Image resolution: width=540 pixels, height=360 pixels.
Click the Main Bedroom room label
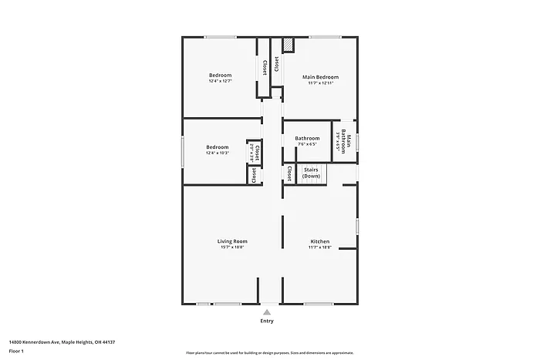[320, 77]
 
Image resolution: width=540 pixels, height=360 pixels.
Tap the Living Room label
[232, 241]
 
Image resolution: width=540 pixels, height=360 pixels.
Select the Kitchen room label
[320, 241]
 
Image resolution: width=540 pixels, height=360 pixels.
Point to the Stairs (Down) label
[311, 173]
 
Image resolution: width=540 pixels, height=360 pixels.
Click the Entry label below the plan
[267, 321]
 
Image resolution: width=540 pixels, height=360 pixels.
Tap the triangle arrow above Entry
[267, 312]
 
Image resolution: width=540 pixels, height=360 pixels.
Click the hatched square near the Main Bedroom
[288, 45]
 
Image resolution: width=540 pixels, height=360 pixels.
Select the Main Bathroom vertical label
[349, 141]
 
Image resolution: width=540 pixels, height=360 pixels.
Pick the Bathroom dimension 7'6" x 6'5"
[307, 144]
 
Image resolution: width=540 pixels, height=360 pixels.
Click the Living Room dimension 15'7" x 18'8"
[232, 247]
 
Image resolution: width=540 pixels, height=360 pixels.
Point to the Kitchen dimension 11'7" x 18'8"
[320, 247]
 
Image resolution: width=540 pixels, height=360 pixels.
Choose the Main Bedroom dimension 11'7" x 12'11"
[320, 83]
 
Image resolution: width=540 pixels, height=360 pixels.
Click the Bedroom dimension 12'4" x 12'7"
[221, 81]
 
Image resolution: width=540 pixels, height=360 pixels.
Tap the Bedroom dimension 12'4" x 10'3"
[218, 153]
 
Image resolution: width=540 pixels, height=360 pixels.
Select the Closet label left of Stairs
[289, 173]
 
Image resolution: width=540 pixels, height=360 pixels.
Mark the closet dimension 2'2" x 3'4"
[250, 152]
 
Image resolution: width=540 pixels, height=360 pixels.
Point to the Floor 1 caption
[17, 351]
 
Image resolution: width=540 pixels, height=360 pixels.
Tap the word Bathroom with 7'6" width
[307, 138]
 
